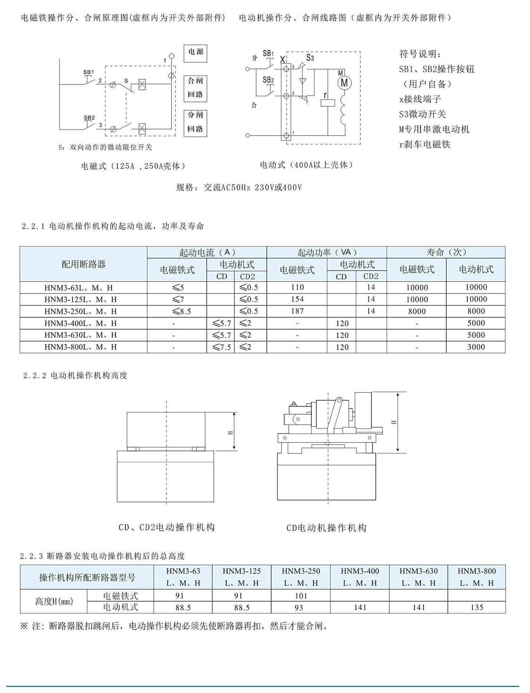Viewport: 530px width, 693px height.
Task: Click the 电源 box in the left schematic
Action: pyautogui.click(x=195, y=52)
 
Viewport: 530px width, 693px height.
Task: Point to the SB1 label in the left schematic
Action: pyautogui.click(x=88, y=72)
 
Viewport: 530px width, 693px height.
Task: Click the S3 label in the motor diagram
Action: pyautogui.click(x=310, y=58)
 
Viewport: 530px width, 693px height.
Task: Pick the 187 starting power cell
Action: pyautogui.click(x=297, y=311)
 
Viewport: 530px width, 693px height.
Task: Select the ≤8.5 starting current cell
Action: pyautogui.click(x=177, y=311)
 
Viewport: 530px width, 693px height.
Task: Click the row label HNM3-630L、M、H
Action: pyautogui.click(x=81, y=335)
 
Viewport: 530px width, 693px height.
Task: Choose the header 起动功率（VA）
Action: pyautogui.click(x=327, y=252)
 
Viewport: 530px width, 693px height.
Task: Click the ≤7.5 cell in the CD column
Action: pyautogui.click(x=221, y=347)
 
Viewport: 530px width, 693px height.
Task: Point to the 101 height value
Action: pyautogui.click(x=300, y=596)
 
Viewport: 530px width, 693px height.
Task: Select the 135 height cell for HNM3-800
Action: pyautogui.click(x=476, y=607)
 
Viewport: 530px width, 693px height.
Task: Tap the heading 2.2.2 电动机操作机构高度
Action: pyautogui.click(x=75, y=375)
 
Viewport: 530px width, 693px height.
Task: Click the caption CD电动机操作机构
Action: pyautogui.click(x=326, y=527)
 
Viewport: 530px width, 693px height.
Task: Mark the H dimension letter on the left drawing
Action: pyautogui.click(x=230, y=432)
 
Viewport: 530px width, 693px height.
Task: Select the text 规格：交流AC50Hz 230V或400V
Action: pyautogui.click(x=239, y=187)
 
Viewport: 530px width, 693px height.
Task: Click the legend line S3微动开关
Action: pyautogui.click(x=422, y=114)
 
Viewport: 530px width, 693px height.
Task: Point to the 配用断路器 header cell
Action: pyautogui.click(x=83, y=264)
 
